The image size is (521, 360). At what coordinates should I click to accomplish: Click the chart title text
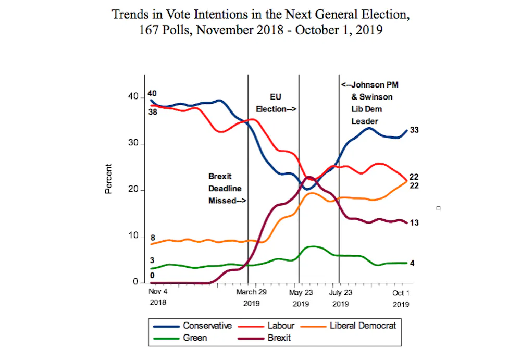(260, 22)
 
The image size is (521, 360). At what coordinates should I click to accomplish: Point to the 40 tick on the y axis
(133, 97)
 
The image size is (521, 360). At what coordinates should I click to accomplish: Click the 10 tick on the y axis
(133, 236)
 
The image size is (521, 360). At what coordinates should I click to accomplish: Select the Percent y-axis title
(108, 179)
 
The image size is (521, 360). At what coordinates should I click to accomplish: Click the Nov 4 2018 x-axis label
(158, 297)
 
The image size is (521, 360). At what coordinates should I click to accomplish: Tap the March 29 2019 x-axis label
(251, 297)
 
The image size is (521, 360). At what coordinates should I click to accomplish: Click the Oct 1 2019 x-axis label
(401, 297)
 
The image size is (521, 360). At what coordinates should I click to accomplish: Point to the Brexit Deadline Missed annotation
(227, 189)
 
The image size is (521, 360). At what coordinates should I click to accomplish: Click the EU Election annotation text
(276, 103)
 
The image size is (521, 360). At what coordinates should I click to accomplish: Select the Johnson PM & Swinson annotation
(370, 103)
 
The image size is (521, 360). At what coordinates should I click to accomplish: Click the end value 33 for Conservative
(414, 130)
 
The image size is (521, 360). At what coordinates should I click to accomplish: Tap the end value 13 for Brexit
(414, 222)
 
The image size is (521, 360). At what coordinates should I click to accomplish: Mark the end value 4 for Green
(412, 263)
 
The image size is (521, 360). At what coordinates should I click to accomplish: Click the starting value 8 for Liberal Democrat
(153, 238)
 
